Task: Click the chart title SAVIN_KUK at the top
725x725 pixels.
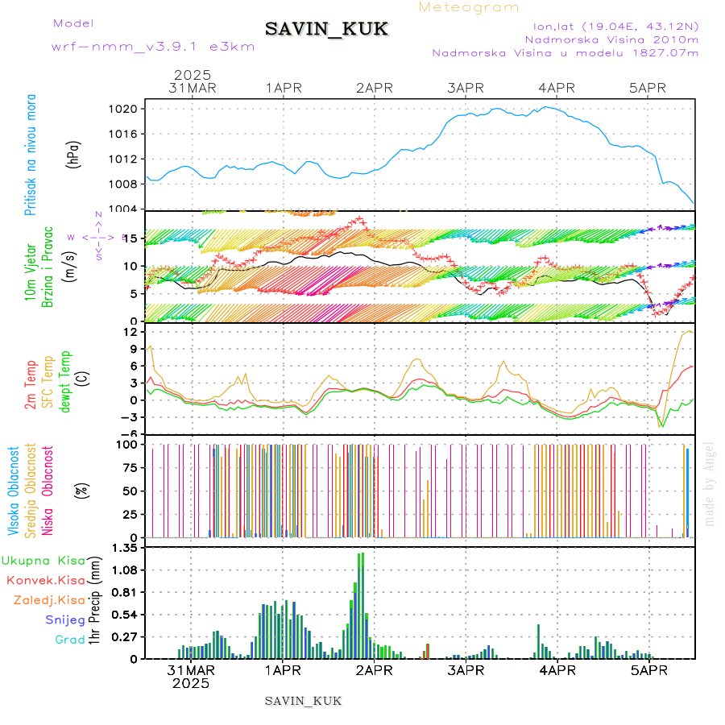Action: pyautogui.click(x=327, y=30)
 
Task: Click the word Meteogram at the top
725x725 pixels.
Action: pyautogui.click(x=470, y=7)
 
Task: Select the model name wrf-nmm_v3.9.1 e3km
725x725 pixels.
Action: pyautogui.click(x=153, y=47)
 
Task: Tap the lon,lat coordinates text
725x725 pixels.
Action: pyautogui.click(x=615, y=27)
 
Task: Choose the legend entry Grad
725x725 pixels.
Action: pyautogui.click(x=69, y=640)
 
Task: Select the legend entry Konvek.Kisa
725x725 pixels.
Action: pyautogui.click(x=45, y=580)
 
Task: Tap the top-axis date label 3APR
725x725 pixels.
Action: pyautogui.click(x=465, y=88)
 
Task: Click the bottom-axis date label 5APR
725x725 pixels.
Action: pyautogui.click(x=648, y=669)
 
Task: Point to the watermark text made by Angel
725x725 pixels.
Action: pyautogui.click(x=710, y=483)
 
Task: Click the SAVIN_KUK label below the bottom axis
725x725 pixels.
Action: pyautogui.click(x=304, y=701)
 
